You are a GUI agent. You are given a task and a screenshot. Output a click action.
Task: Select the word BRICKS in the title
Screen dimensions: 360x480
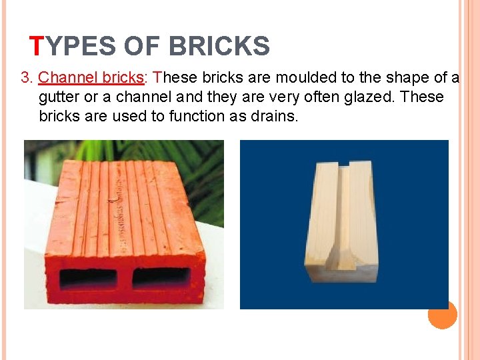(219, 46)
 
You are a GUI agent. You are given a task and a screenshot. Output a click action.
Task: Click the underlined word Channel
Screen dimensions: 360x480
(67, 78)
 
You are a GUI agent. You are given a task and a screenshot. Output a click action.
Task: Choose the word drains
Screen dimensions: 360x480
(276, 116)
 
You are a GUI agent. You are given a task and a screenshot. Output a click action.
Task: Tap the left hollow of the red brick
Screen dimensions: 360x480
(88, 277)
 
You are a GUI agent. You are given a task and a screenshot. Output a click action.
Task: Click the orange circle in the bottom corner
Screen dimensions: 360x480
(442, 314)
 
